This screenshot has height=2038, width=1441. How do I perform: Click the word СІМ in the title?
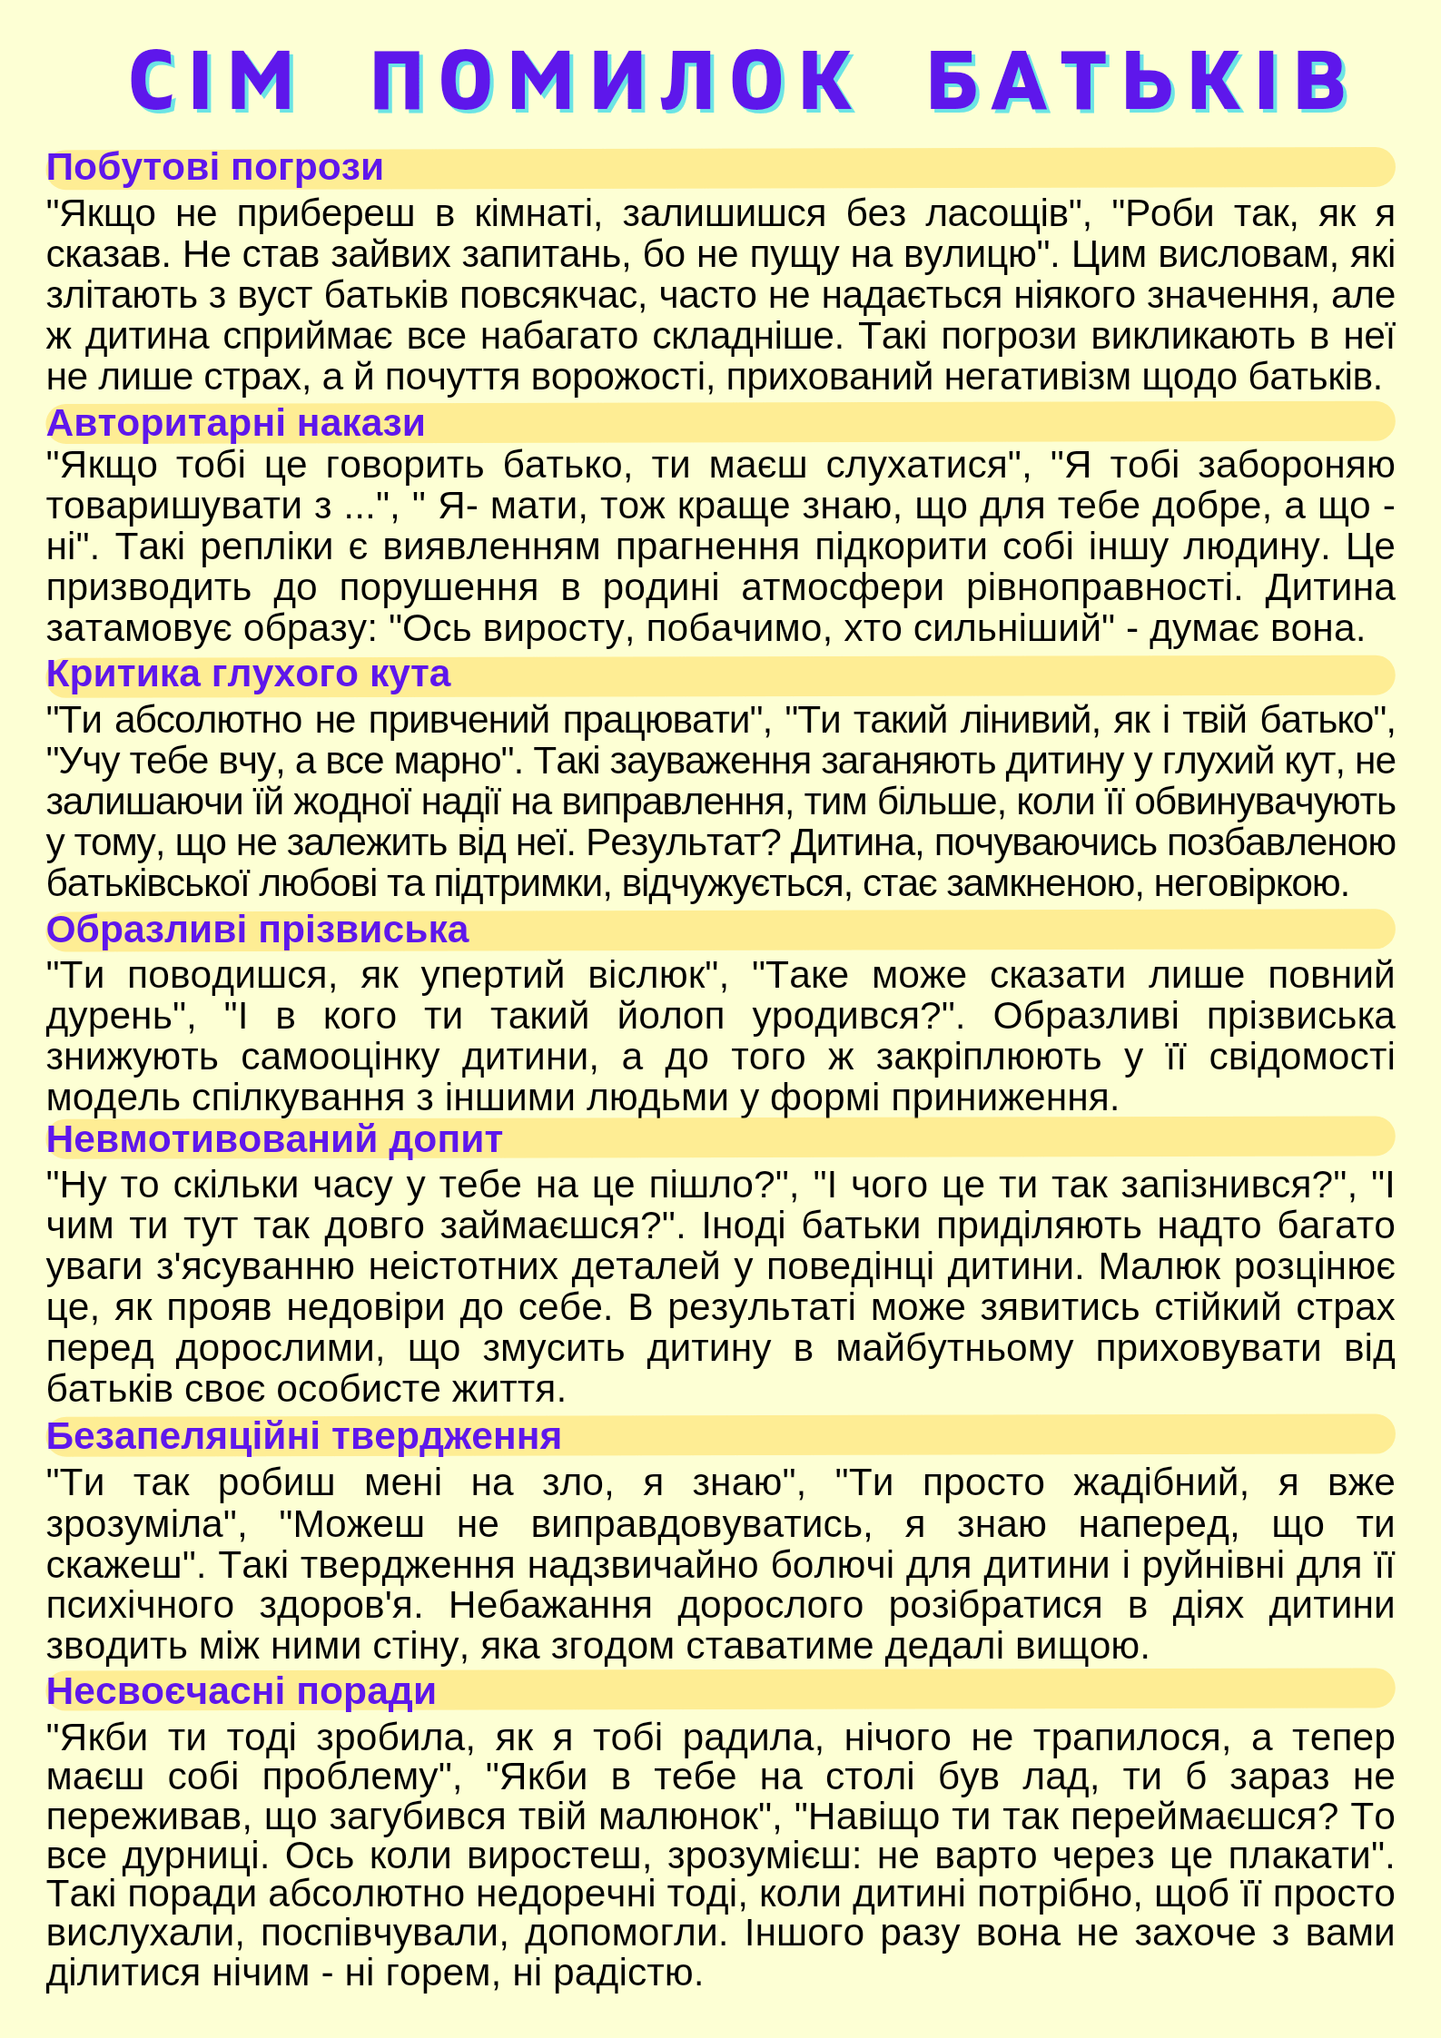pos(212,81)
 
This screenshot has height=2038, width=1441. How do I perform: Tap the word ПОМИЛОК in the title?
pos(614,81)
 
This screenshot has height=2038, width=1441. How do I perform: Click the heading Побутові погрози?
pos(214,168)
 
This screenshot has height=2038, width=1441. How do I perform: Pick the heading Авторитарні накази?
pos(235,423)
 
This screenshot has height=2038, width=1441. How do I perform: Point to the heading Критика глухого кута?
pos(248,674)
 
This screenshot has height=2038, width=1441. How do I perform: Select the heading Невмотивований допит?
pos(274,1139)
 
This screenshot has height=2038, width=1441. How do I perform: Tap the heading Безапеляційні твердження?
pos(303,1436)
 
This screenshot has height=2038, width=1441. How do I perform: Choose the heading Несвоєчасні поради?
pos(241,1691)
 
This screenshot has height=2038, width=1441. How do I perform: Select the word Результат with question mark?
pos(682,843)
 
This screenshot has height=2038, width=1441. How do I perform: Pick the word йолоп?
pos(670,1017)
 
